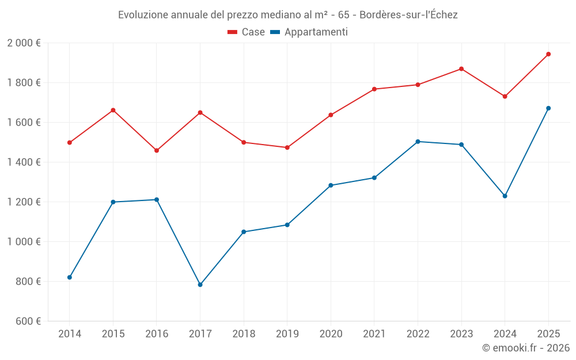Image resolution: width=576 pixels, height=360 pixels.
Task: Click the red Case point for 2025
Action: (548, 54)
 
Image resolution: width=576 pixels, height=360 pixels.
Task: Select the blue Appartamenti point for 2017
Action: (200, 285)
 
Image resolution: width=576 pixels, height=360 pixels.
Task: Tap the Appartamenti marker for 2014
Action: (70, 277)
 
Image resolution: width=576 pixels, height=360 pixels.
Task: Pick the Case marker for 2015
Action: (113, 110)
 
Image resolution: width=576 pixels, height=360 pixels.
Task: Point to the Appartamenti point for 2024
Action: (505, 196)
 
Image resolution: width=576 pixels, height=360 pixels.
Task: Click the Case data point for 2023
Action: (461, 69)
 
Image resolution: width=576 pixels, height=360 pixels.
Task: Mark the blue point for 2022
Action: (418, 142)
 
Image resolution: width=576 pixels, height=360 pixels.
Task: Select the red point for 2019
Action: (287, 147)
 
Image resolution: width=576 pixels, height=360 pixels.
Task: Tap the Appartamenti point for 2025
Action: (548, 108)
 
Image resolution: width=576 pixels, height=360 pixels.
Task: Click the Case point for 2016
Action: (157, 150)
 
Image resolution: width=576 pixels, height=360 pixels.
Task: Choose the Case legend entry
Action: (246, 32)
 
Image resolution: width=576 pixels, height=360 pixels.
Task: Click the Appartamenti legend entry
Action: (309, 32)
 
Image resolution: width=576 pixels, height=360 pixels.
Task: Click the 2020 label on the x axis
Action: (331, 334)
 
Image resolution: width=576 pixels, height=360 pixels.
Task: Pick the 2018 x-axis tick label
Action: (244, 334)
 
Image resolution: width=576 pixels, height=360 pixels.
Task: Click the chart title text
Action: (287, 15)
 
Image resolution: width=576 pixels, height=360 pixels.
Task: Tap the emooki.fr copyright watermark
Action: (525, 348)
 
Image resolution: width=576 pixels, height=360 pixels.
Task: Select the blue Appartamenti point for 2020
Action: (331, 185)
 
